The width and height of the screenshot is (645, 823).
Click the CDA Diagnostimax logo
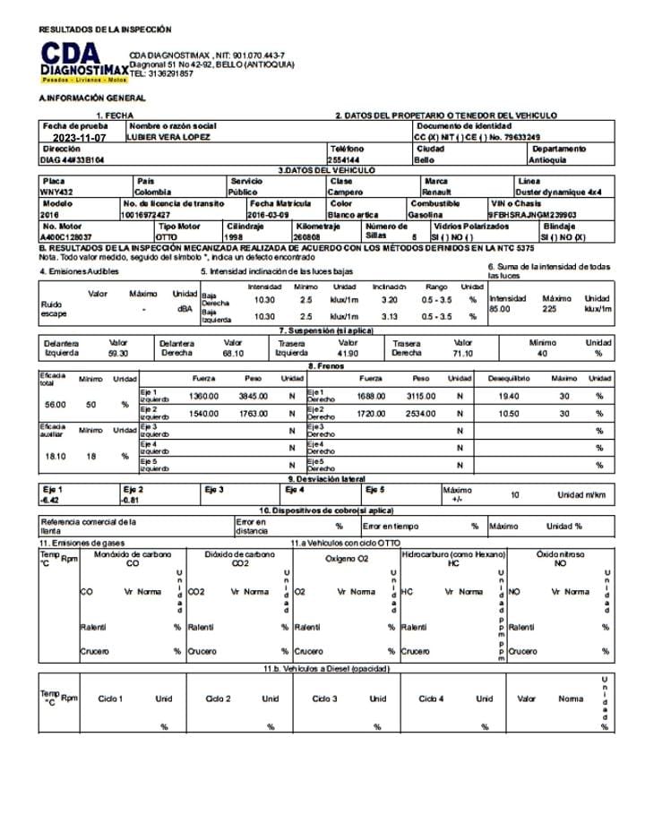pyautogui.click(x=82, y=62)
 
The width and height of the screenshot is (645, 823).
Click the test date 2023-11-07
pyautogui.click(x=79, y=138)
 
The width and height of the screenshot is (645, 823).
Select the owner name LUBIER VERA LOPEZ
pyautogui.click(x=169, y=137)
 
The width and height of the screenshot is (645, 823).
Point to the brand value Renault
pyautogui.click(x=436, y=192)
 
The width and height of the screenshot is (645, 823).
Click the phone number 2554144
pyautogui.click(x=346, y=159)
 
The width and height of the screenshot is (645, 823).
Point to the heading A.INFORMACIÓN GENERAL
pyautogui.click(x=92, y=98)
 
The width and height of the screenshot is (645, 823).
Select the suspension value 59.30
pyautogui.click(x=117, y=354)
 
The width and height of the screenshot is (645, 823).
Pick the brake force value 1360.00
pyautogui.click(x=204, y=396)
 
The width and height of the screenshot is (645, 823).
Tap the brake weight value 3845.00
pyautogui.click(x=253, y=396)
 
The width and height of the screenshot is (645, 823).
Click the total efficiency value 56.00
pyautogui.click(x=56, y=405)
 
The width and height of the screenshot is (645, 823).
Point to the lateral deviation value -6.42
pyautogui.click(x=53, y=500)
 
